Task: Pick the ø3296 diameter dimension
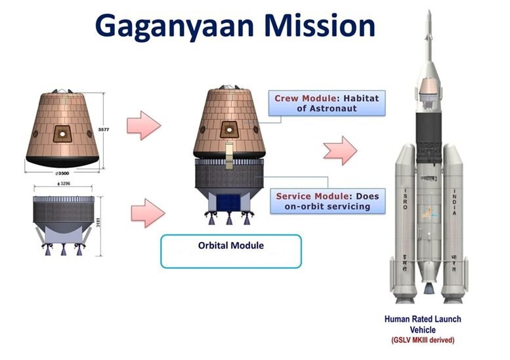[x=63, y=185]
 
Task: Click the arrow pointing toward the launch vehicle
[x=339, y=151]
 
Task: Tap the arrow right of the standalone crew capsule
[x=143, y=125]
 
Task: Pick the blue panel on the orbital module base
[x=230, y=201]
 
